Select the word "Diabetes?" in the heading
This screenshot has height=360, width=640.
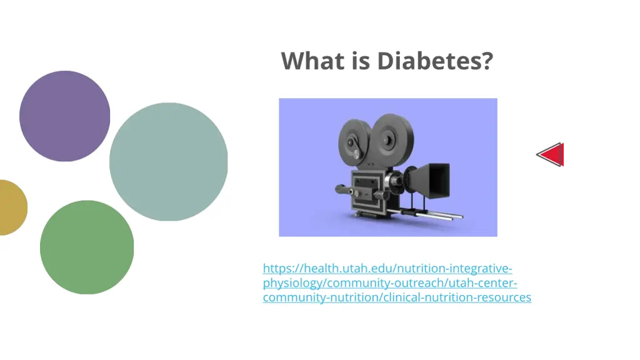pyautogui.click(x=435, y=61)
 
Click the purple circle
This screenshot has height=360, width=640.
pyautogui.click(x=65, y=116)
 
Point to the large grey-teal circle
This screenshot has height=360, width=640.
pyautogui.click(x=169, y=162)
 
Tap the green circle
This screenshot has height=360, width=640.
pyautogui.click(x=87, y=247)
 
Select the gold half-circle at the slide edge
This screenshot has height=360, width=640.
pyautogui.click(x=11, y=207)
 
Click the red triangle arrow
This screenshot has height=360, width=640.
pyautogui.click(x=552, y=155)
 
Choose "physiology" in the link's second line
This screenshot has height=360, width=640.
pyautogui.click(x=290, y=283)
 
